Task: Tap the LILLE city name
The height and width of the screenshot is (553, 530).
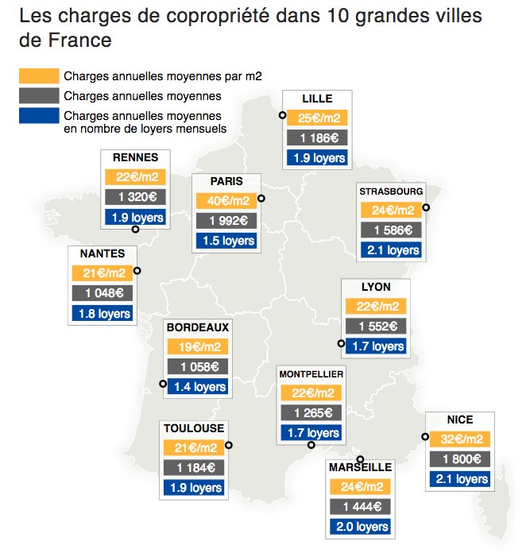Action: [317, 99]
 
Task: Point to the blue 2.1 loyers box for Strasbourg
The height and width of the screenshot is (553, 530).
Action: [392, 250]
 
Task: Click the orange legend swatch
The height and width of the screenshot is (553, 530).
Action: [39, 76]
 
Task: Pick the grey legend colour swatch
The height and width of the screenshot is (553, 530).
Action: [39, 96]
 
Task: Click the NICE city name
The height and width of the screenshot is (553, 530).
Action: [460, 420]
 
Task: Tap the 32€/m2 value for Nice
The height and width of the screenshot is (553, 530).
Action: [460, 439]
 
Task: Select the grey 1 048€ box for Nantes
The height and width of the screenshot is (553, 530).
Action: [103, 293]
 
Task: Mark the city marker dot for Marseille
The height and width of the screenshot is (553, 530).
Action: [360, 459]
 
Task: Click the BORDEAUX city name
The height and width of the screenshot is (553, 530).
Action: [198, 327]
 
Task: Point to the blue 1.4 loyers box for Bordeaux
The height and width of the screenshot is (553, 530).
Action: [198, 387]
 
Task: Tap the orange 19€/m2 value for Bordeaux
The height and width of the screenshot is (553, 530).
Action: [198, 347]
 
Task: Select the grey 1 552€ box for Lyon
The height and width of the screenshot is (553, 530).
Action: [376, 327]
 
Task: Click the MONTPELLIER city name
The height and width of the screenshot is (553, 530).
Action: [311, 373]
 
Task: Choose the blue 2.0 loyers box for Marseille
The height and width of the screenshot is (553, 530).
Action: [360, 527]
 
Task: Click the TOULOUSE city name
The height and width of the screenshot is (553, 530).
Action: [194, 428]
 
